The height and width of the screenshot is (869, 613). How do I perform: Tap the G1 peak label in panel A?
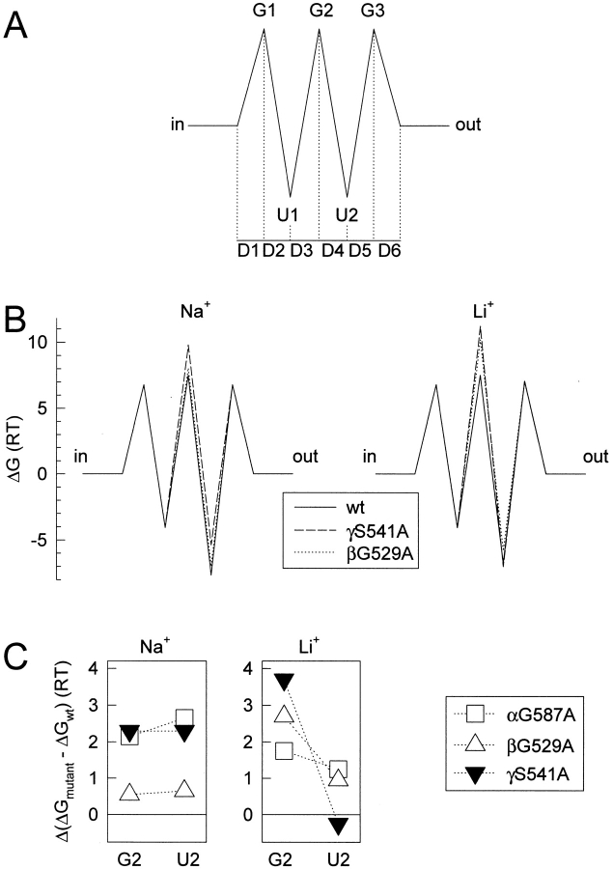click(x=264, y=13)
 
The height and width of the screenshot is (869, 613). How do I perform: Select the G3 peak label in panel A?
click(x=375, y=13)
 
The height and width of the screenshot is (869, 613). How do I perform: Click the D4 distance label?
click(x=333, y=253)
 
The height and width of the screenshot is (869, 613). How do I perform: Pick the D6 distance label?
click(x=389, y=253)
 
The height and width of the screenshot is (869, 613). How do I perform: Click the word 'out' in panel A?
click(x=467, y=126)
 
